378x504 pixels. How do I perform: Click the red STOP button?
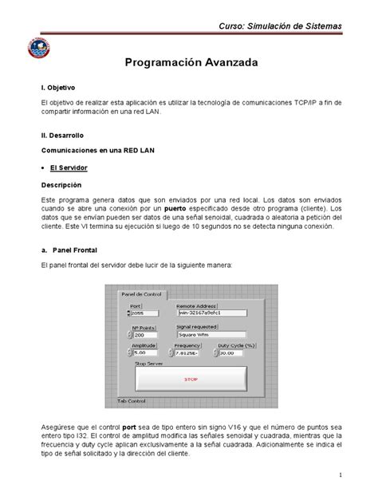191,380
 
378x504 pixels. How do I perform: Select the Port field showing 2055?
144,313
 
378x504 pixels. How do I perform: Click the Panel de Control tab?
140,293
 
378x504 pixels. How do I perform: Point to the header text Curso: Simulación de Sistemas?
282,26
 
